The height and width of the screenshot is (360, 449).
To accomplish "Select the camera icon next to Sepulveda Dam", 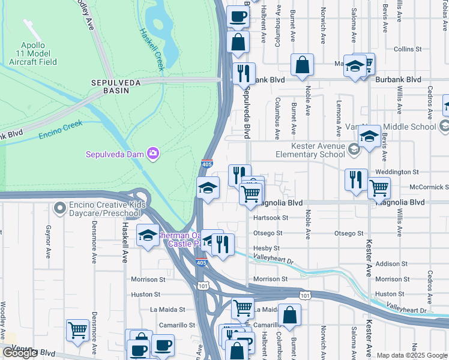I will (x=153, y=154).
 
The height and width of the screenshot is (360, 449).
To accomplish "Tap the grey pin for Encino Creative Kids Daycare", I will (x=59, y=208).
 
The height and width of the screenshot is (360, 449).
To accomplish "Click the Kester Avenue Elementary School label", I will (x=319, y=150).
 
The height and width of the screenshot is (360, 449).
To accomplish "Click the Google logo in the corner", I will (x=20, y=353).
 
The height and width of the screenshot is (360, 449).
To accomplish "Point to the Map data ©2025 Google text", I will (x=411, y=355).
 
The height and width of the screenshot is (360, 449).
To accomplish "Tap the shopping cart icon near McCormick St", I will (x=379, y=188).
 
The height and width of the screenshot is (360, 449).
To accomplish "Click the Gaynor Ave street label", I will (x=49, y=242).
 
